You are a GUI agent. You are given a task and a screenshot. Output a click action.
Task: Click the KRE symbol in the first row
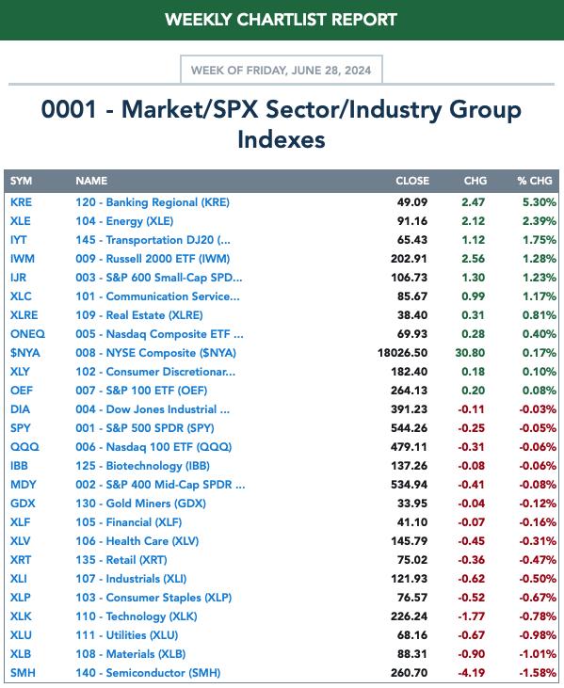21,202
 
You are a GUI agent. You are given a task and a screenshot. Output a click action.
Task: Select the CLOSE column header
412,181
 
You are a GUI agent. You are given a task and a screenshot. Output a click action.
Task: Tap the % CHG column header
534,181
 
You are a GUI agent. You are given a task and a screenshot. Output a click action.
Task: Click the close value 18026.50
402,353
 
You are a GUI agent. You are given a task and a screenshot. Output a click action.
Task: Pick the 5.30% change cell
539,202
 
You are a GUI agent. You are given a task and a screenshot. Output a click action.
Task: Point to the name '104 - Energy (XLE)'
124,221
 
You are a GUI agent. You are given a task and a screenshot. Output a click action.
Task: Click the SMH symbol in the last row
23,673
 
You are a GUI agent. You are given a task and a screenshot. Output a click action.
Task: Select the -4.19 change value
472,673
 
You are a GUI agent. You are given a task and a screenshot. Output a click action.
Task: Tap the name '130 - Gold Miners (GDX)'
140,504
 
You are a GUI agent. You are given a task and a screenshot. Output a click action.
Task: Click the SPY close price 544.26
409,428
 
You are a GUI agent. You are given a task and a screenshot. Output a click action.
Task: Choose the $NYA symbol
25,353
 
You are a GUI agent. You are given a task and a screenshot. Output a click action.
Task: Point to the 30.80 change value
470,353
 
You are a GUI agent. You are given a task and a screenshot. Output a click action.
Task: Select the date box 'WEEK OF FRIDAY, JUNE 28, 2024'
282,70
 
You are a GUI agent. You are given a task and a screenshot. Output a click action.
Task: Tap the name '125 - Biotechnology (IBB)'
142,466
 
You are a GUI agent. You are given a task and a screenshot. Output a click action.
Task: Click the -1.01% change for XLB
538,654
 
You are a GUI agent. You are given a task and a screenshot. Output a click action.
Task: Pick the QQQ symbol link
24,447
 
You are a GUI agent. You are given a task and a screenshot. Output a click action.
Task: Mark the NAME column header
91,181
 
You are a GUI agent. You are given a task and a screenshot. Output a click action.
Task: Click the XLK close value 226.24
409,616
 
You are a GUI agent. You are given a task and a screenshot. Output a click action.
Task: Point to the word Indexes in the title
282,139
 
